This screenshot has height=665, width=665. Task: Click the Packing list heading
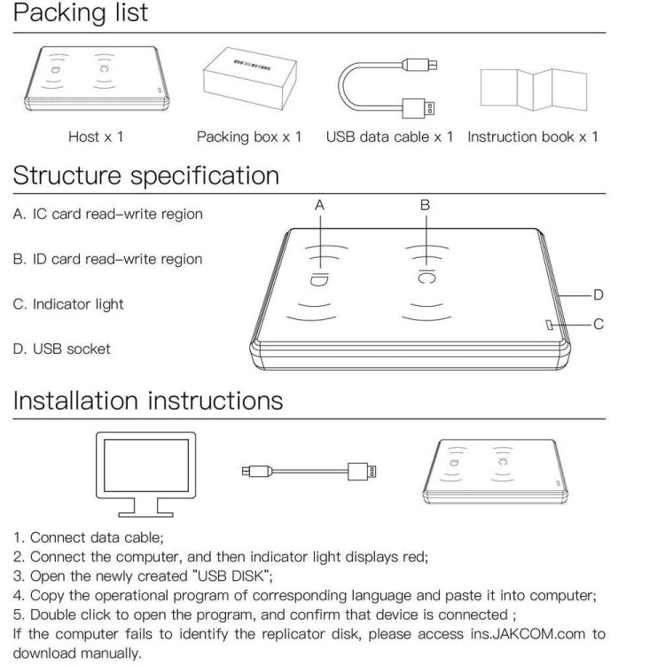(80, 14)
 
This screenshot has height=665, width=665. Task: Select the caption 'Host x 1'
(96, 137)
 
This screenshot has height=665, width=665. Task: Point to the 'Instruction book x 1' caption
(533, 137)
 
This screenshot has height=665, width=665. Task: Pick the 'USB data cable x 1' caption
(389, 137)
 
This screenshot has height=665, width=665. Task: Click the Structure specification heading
(145, 176)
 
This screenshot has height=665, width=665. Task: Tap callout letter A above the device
(320, 205)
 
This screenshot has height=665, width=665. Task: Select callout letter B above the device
(426, 205)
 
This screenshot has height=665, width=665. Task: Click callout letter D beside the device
(598, 294)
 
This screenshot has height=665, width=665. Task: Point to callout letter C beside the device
(598, 325)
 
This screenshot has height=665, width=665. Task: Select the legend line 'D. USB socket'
(62, 349)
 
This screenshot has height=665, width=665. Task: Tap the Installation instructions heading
(148, 401)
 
